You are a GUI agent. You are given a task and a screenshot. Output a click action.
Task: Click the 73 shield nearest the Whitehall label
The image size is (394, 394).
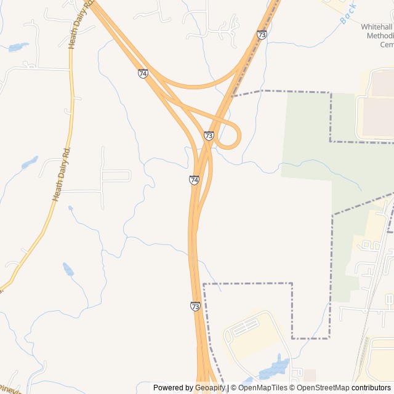(262, 35)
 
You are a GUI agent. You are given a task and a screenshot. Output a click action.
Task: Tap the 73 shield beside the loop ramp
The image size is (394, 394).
(209, 135)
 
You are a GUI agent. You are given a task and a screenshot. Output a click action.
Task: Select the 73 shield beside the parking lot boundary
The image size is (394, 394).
(195, 306)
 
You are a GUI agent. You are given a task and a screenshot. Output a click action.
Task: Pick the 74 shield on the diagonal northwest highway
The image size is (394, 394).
(143, 73)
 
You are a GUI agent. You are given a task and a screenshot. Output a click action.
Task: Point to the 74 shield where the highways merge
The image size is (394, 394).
(194, 180)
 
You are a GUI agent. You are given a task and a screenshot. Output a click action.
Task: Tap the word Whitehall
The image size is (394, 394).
(377, 28)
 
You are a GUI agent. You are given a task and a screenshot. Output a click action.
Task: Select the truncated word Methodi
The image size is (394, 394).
(379, 36)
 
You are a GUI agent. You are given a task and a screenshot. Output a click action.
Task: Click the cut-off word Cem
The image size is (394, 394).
(386, 45)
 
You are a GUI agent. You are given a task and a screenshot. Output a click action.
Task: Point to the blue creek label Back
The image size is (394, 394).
(348, 15)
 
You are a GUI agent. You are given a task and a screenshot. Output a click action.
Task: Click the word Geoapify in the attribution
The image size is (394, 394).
(211, 388)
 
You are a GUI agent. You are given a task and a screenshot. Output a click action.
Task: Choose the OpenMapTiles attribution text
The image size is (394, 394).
(262, 388)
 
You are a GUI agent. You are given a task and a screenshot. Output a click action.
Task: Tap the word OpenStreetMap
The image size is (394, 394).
(323, 388)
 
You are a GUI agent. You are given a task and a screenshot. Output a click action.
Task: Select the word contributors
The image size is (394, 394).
(371, 388)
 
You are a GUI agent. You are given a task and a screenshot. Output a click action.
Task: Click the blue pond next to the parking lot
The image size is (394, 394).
(275, 368)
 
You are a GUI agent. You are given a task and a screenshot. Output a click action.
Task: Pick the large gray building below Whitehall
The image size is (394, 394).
(377, 117)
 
